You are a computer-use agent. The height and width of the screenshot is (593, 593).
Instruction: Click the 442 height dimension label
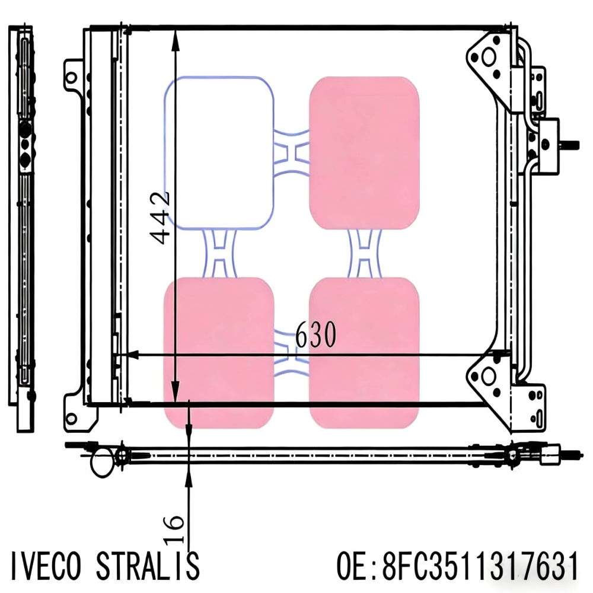tap(160, 218)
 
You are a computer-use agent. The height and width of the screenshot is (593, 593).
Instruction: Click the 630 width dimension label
tap(315, 336)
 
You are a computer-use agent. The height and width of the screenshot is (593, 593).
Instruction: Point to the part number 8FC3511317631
tap(480, 566)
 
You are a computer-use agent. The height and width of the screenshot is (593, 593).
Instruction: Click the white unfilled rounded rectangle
tap(219, 153)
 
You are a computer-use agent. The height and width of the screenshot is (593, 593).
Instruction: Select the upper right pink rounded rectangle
tap(364, 153)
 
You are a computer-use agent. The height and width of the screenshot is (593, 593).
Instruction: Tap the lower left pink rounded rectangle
tap(219, 353)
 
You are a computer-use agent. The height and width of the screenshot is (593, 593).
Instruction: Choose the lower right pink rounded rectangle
tap(364, 353)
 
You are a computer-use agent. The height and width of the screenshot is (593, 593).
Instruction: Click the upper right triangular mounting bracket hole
tap(489, 58)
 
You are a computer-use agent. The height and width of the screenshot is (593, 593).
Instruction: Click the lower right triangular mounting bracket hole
tap(488, 377)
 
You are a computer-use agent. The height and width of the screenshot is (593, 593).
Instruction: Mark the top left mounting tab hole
tap(71, 77)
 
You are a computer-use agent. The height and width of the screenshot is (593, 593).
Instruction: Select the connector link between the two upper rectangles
tap(292, 153)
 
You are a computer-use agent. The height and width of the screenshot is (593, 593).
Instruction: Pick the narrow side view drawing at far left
tap(24, 225)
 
